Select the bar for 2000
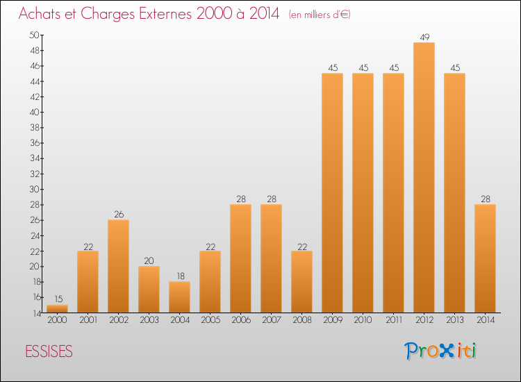click(57, 308)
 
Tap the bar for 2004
click(179, 297)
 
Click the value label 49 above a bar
click(424, 37)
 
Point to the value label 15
click(57, 299)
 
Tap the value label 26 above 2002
click(118, 215)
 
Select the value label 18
click(179, 276)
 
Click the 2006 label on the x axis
click(240, 320)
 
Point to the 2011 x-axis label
click(393, 320)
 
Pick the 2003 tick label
click(149, 320)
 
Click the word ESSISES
click(49, 351)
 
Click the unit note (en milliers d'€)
click(319, 15)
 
